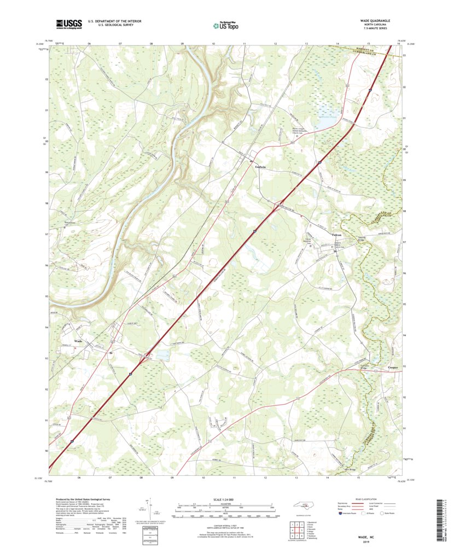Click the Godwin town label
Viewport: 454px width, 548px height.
click(x=260, y=167)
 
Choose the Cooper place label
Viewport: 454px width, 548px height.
click(x=394, y=368)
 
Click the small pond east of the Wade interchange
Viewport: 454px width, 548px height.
click(x=162, y=355)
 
